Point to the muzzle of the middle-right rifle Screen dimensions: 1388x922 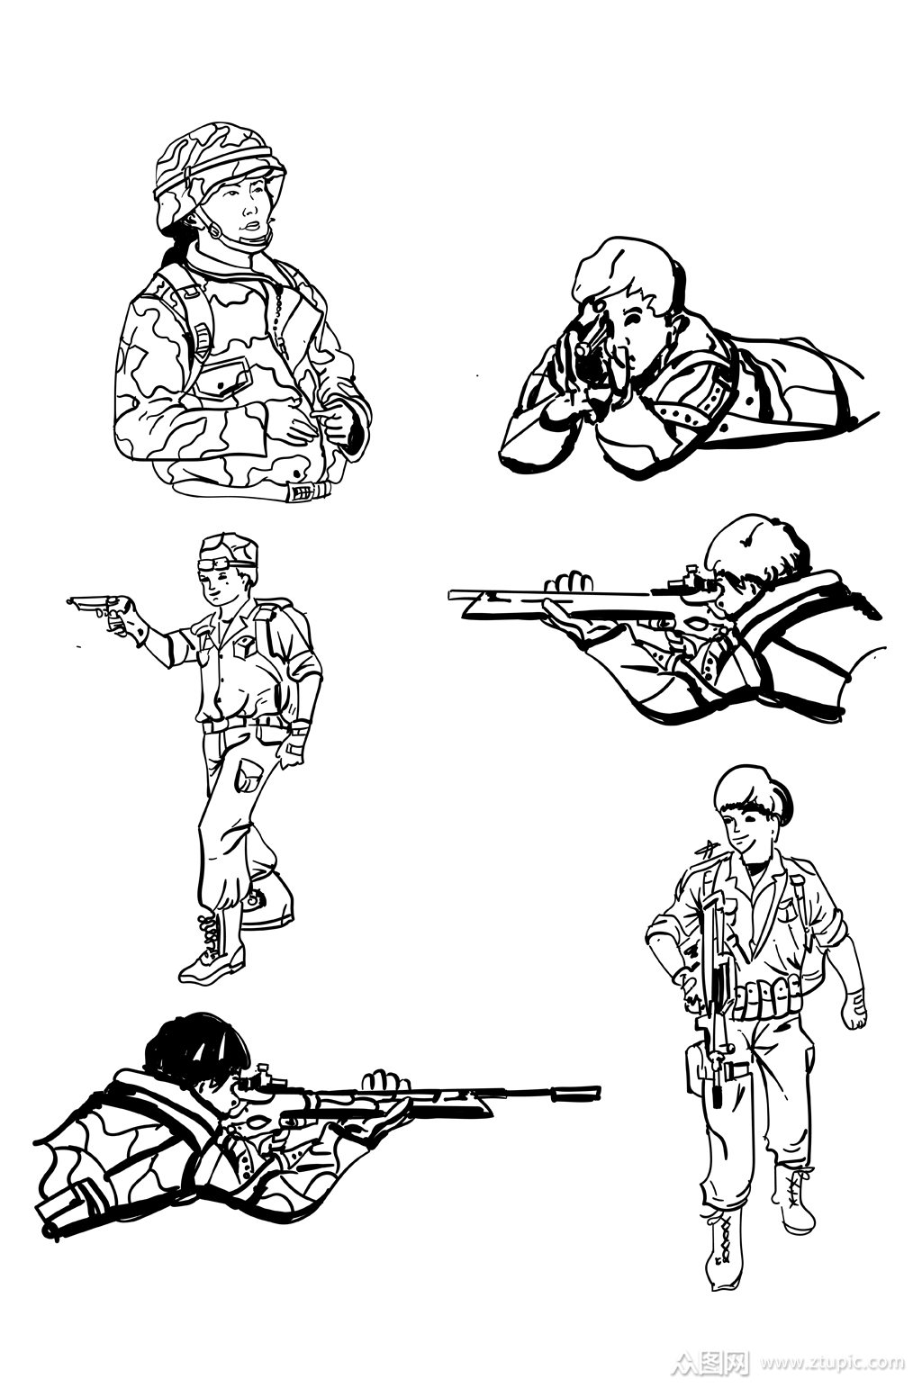pos(454,593)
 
